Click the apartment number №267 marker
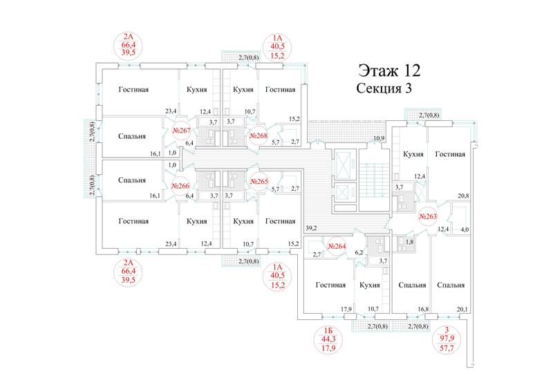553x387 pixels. (x=181, y=131)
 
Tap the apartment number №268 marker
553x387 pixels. (x=259, y=135)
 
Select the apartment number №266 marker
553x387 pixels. (x=180, y=186)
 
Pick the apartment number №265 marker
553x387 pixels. (x=259, y=182)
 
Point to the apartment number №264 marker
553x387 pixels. (x=337, y=246)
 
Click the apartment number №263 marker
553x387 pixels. (x=428, y=216)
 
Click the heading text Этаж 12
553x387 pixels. (x=390, y=70)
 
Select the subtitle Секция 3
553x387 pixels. (x=384, y=88)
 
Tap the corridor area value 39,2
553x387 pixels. (x=311, y=228)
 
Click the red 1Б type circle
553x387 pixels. (x=328, y=340)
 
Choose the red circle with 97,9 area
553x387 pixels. (x=447, y=340)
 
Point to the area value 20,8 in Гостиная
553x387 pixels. (x=463, y=196)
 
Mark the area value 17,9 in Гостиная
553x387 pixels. (x=346, y=310)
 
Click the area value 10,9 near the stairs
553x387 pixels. (x=378, y=138)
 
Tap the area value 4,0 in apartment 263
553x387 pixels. (x=465, y=230)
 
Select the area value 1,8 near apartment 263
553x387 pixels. (x=409, y=242)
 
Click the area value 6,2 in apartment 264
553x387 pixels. (x=359, y=252)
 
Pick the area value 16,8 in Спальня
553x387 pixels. (x=423, y=310)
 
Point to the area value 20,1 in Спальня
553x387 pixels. (x=462, y=310)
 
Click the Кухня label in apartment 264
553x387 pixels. (x=370, y=285)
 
